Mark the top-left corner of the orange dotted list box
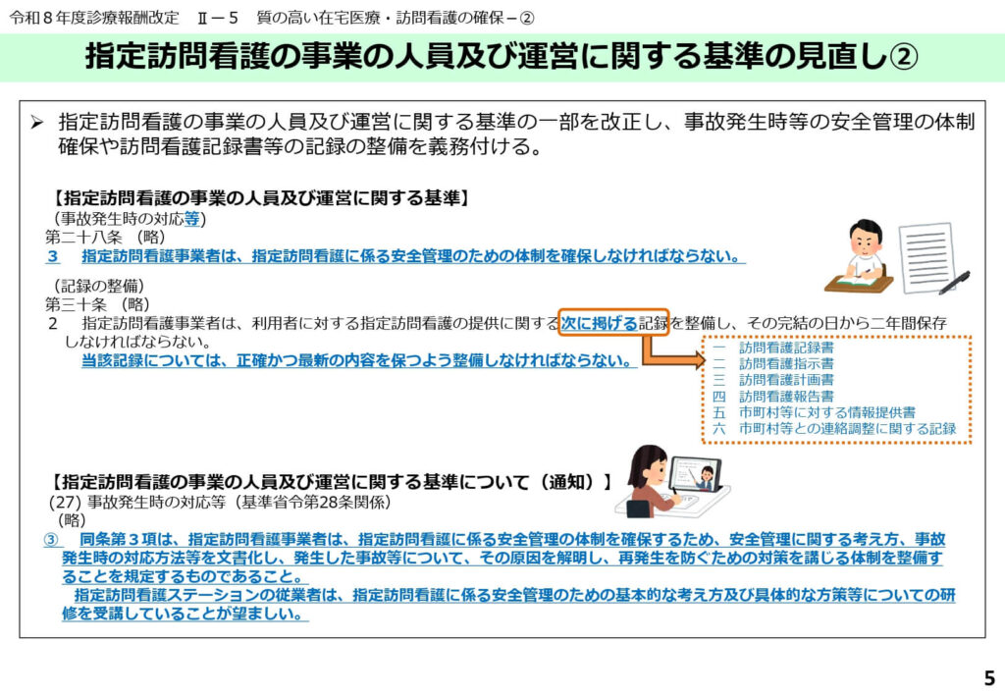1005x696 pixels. click(x=703, y=337)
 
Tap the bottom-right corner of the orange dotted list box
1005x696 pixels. click(x=971, y=443)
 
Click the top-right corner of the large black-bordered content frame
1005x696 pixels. click(x=985, y=100)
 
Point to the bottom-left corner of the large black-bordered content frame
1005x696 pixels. click(x=20, y=638)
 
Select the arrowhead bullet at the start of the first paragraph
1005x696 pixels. click(x=37, y=122)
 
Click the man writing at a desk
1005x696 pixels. click(x=860, y=256)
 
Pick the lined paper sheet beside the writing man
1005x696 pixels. click(x=927, y=256)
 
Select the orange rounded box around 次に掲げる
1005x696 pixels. click(x=613, y=322)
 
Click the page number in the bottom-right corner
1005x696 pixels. click(x=989, y=677)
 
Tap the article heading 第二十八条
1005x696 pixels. click(x=83, y=238)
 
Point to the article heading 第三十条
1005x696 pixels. click(x=76, y=303)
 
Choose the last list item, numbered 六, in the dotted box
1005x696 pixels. click(x=834, y=428)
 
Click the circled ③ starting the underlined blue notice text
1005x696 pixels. click(x=51, y=540)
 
